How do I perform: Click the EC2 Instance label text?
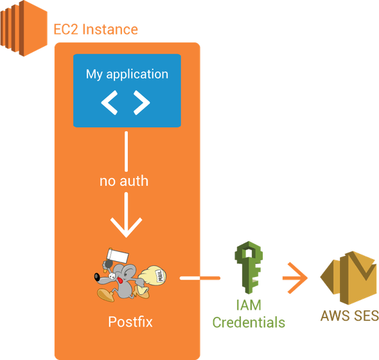pyautogui.click(x=96, y=30)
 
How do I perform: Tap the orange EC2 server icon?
pyautogui.click(x=24, y=28)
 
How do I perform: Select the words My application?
pyautogui.click(x=127, y=75)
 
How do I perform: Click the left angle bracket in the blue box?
pyautogui.click(x=109, y=103)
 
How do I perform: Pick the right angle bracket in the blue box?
pyautogui.click(x=142, y=103)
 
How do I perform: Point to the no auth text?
pyautogui.click(x=124, y=181)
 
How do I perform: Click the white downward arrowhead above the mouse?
pyautogui.click(x=126, y=227)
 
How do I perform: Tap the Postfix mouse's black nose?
pyautogui.click(x=97, y=277)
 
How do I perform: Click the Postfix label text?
pyautogui.click(x=130, y=322)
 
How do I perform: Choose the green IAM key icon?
pyautogui.click(x=249, y=267)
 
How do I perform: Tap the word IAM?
pyautogui.click(x=249, y=305)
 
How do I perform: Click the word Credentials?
pyautogui.click(x=249, y=323)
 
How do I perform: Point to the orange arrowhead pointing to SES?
pyautogui.click(x=298, y=278)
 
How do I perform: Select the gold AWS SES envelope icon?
pyautogui.click(x=349, y=278)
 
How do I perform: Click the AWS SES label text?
pyautogui.click(x=349, y=316)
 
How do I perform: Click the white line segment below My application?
pyautogui.click(x=126, y=152)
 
